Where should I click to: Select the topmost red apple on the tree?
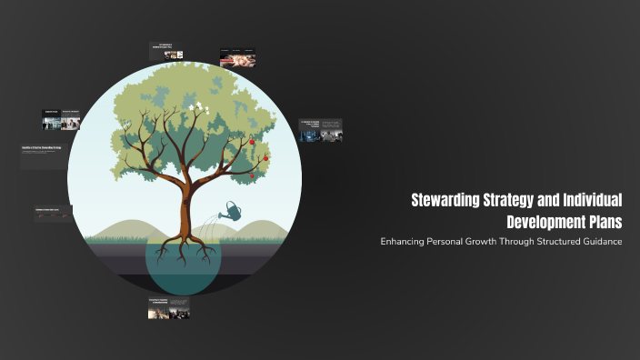point(252,142)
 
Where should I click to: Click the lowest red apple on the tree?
point(253,174)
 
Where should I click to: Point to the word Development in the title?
point(546,222)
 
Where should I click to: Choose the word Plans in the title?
point(605,222)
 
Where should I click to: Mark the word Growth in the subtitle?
point(486,241)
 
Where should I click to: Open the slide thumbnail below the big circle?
point(169,308)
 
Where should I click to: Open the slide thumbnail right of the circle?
point(321,131)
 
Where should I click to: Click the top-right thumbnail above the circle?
point(237,58)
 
